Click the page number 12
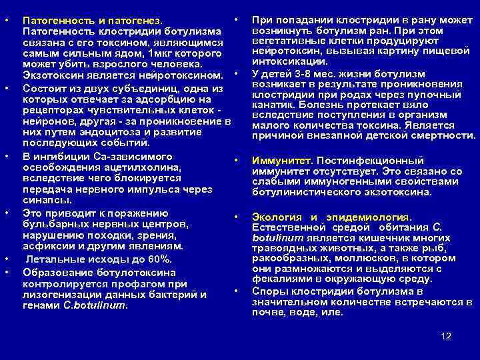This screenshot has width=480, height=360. click(x=446, y=335)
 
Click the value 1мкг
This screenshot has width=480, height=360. click(x=166, y=52)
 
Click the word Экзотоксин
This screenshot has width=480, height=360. click(x=53, y=73)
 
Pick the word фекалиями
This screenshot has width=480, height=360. click(x=283, y=279)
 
